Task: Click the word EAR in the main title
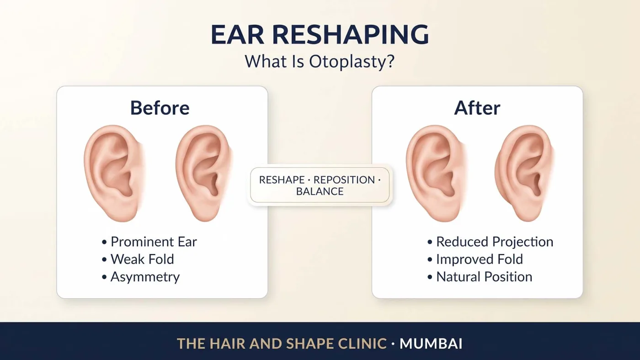237,35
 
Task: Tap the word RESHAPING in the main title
350,35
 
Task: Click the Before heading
160,108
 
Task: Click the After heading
477,108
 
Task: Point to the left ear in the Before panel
114,173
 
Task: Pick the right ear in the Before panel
204,173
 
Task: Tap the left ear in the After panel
436,173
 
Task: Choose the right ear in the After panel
525,173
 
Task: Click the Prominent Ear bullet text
154,242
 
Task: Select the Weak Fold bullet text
142,259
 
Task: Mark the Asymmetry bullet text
145,277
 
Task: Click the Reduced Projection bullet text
495,242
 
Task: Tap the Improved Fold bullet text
480,259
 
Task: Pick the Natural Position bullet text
484,277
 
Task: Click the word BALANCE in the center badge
320,191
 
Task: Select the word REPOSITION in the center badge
344,180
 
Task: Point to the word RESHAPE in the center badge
282,180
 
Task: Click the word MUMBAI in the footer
431,344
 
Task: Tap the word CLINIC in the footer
362,344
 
